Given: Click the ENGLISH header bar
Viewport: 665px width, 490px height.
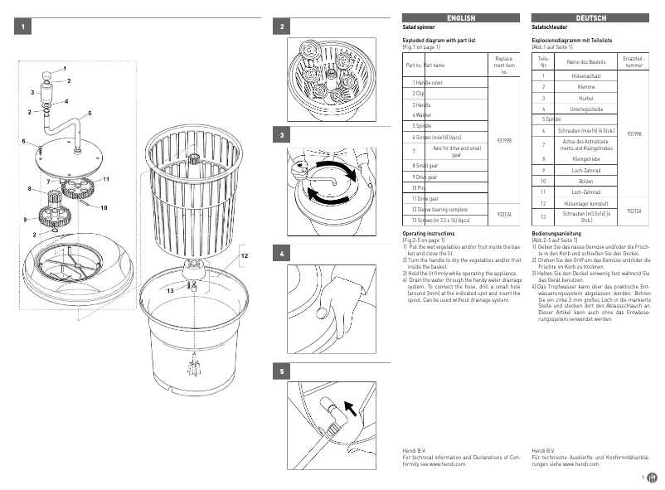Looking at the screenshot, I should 461,17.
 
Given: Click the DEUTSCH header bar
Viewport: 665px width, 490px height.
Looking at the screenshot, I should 590,17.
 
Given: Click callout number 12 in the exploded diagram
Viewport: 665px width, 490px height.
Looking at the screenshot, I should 244,256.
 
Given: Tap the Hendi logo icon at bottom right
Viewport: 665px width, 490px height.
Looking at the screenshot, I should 652,478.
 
